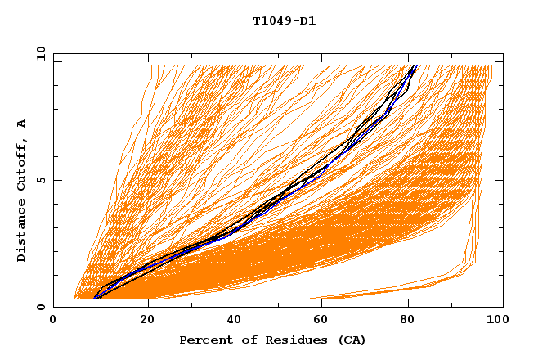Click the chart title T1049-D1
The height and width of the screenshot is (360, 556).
285,21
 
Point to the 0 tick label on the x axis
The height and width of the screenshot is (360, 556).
53,320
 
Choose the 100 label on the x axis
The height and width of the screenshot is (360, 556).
495,320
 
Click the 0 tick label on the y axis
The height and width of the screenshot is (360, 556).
41,307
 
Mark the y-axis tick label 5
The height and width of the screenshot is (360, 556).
41,180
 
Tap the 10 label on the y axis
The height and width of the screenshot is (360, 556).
41,54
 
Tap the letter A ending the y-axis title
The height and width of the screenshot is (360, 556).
22,123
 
